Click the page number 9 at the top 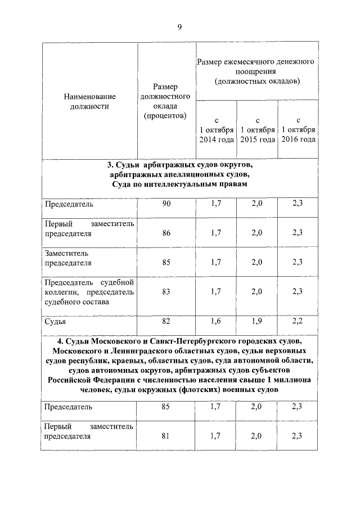(179, 26)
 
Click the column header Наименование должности (89, 101)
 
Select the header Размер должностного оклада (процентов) (165, 101)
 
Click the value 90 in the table (166, 204)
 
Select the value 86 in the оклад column (166, 233)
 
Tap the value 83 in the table (166, 291)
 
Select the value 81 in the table (166, 435)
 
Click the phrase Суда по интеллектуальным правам (179, 185)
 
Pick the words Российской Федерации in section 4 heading (84, 381)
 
